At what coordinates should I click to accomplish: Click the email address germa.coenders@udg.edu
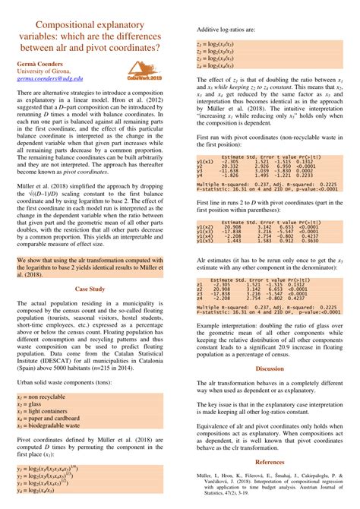50,77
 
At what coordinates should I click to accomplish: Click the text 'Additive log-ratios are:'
228,28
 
